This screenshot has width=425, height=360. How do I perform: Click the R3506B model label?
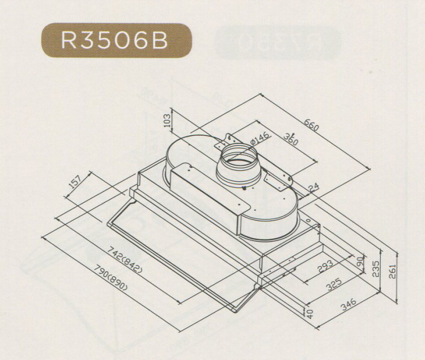click(114, 41)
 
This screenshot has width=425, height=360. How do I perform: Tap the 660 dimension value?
click(311, 125)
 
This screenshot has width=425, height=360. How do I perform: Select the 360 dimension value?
click(291, 139)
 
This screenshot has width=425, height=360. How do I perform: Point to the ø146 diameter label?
click(260, 138)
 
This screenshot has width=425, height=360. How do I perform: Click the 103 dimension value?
click(168, 120)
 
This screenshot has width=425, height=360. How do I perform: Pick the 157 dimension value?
click(75, 181)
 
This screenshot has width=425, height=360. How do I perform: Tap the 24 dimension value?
click(313, 188)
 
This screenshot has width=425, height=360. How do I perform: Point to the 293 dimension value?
click(326, 266)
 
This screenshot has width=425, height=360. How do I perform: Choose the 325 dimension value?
click(334, 284)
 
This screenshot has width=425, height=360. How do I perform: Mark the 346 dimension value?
click(348, 304)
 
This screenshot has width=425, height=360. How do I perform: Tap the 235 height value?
click(375, 269)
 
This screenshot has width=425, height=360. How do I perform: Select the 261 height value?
click(392, 272)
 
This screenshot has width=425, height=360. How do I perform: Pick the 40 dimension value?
click(311, 313)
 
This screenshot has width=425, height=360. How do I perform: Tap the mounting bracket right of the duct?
click(278, 181)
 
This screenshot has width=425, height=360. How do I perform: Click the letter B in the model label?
click(160, 41)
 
